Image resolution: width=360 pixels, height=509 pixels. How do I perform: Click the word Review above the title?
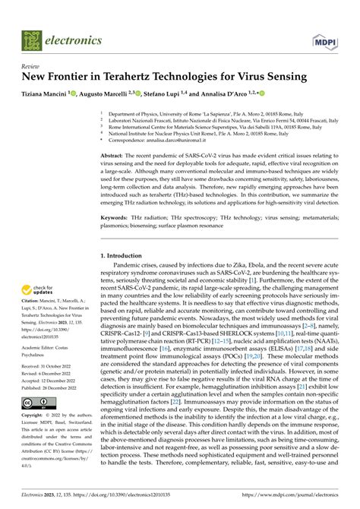31,66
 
